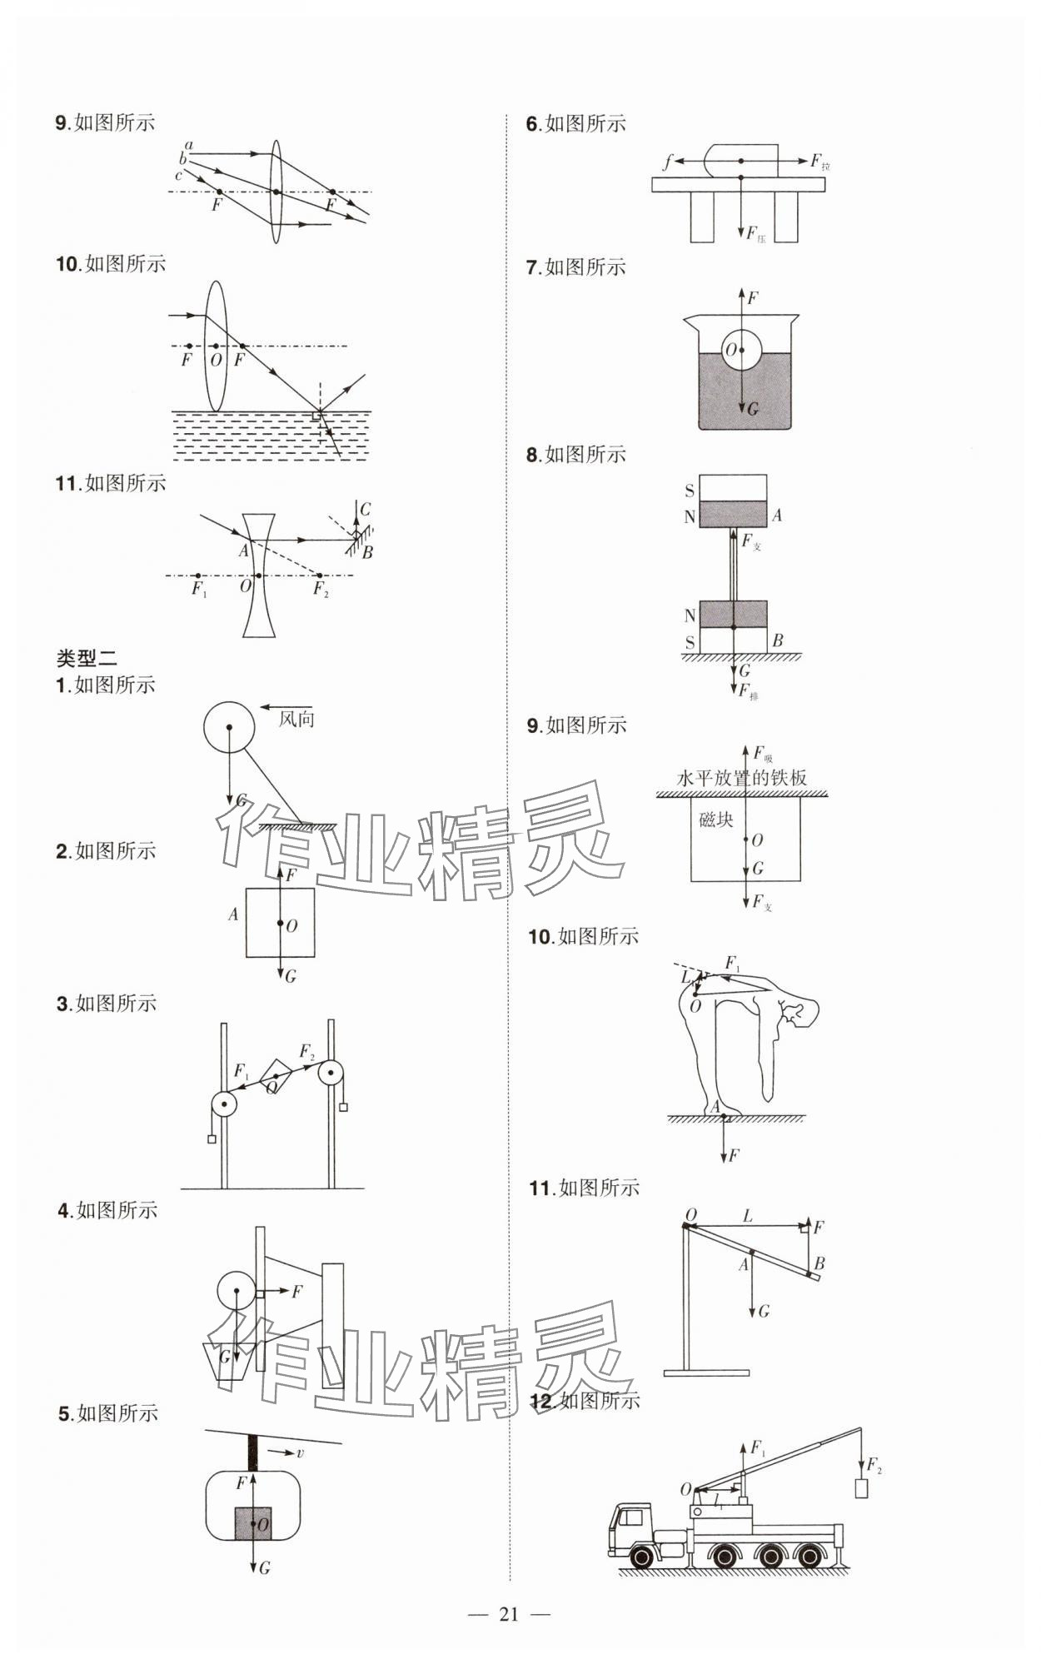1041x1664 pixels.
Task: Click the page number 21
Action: click(x=508, y=1614)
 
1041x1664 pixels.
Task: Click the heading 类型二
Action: click(x=87, y=658)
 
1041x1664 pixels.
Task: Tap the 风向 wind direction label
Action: click(x=296, y=719)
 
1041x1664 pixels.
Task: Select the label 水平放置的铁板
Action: click(x=741, y=778)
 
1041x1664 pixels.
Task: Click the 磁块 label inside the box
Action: click(x=715, y=820)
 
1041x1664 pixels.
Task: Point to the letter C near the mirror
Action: click(x=365, y=509)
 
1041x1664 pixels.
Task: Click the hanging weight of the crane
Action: click(x=862, y=1487)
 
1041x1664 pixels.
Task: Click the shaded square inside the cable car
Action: click(x=253, y=1524)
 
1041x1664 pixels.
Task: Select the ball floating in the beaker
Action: click(x=741, y=351)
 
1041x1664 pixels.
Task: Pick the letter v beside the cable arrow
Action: click(x=300, y=1453)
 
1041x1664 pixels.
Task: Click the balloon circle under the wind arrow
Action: click(x=229, y=726)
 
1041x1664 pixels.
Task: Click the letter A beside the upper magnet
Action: click(x=776, y=516)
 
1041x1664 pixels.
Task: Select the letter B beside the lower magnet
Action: click(x=777, y=640)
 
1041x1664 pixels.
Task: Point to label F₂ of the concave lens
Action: click(x=321, y=590)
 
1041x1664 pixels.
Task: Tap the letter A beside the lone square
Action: click(x=233, y=914)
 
